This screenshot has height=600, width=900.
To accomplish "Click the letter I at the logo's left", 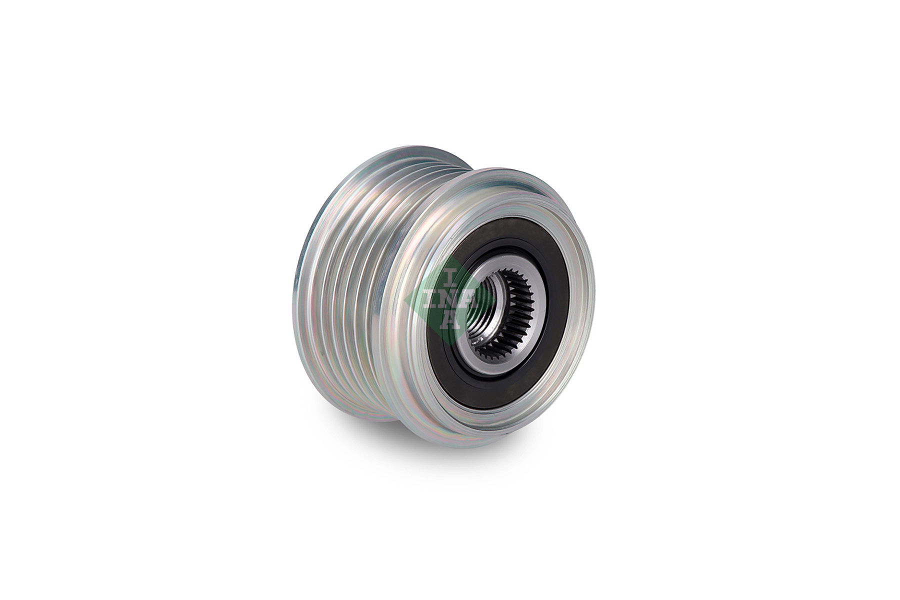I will coord(431,299).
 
